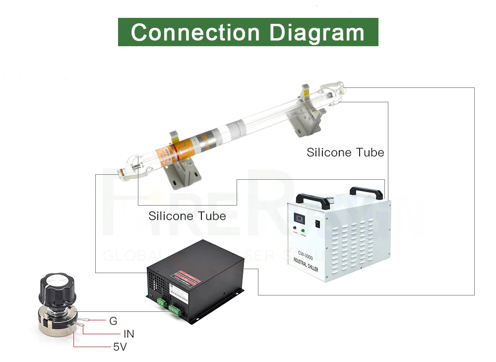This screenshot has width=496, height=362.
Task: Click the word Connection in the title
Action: pyautogui.click(x=195, y=32)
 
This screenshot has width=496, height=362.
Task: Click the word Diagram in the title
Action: pyautogui.click(x=317, y=32)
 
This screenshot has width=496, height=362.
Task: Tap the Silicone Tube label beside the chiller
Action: pyautogui.click(x=345, y=152)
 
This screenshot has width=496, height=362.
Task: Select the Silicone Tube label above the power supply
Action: pyautogui.click(x=187, y=216)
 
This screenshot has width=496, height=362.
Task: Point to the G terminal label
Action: pyautogui.click(x=113, y=321)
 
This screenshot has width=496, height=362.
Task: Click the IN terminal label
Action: pyautogui.click(x=129, y=334)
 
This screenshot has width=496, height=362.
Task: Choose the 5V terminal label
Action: pyautogui.click(x=120, y=347)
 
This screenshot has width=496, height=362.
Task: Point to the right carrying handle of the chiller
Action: pyautogui.click(x=367, y=191)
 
